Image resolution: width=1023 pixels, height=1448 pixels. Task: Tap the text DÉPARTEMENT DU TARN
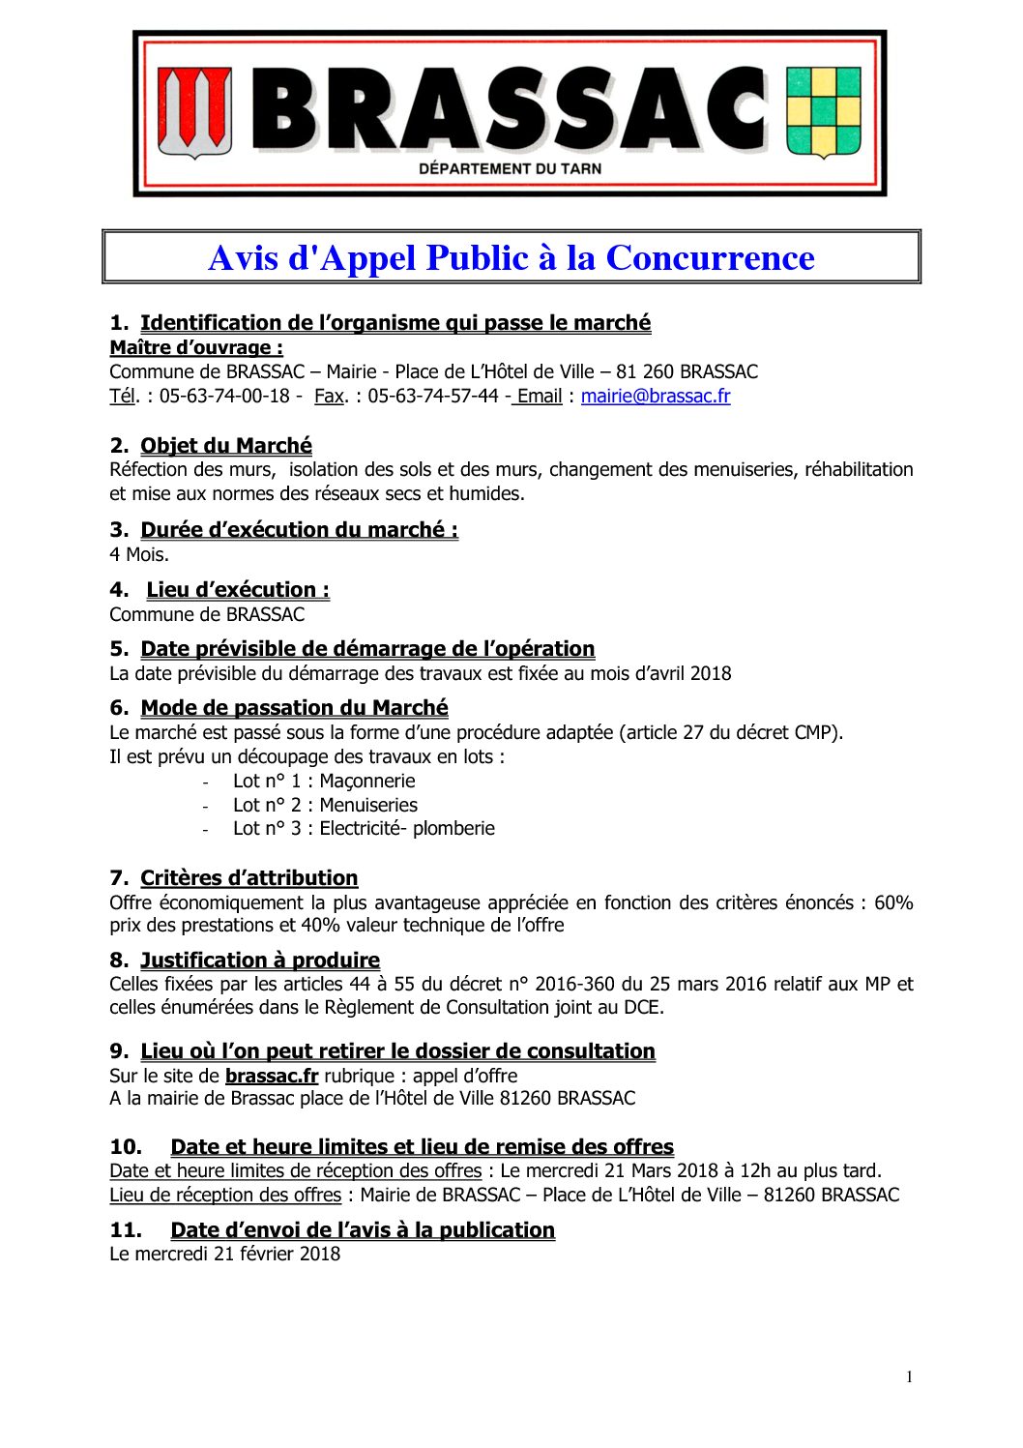[x=510, y=168]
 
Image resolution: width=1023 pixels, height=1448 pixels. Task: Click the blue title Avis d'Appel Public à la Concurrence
[x=511, y=258]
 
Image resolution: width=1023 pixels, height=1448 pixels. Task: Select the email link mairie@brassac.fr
[x=655, y=396]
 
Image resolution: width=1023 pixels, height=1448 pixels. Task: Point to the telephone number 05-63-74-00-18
[x=224, y=396]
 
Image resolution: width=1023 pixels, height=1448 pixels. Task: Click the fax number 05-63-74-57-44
[x=432, y=396]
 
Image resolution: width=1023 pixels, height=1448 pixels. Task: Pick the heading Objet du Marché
[x=226, y=446]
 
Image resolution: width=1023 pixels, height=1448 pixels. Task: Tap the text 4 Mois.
[x=139, y=554]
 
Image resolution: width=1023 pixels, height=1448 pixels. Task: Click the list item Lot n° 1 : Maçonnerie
[x=324, y=781]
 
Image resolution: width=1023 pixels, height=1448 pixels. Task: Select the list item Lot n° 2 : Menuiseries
[x=325, y=805]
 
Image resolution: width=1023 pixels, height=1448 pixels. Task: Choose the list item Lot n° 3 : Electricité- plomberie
[x=364, y=828]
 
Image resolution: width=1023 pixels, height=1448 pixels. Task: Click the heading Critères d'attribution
[x=248, y=878]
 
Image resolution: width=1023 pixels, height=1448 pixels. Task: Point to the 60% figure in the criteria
[x=893, y=902]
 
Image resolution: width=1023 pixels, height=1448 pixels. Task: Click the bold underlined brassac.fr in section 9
[x=272, y=1076]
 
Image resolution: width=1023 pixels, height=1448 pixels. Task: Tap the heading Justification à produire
[x=259, y=960]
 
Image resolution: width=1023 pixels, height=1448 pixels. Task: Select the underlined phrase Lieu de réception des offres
[x=225, y=1195]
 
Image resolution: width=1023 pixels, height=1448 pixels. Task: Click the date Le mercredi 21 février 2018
[x=224, y=1254]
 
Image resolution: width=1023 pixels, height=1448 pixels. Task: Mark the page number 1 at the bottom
[x=909, y=1377]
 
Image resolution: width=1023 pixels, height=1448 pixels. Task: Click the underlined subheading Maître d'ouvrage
[x=196, y=347]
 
